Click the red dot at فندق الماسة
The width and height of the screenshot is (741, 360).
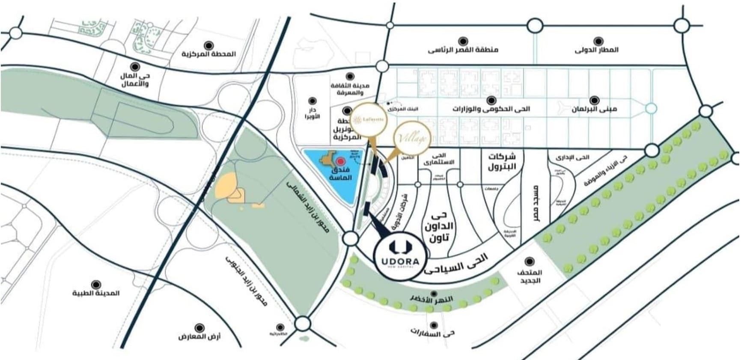pos(340,161)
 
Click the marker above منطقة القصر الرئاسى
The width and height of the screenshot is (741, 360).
pos(463,41)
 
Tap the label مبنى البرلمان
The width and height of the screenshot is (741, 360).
pos(594,109)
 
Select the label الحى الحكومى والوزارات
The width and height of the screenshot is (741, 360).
pos(491,109)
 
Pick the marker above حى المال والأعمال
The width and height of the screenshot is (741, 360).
pos(135,66)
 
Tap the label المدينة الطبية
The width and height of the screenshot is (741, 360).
pos(96,293)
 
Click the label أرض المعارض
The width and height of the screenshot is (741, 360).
pos(199,336)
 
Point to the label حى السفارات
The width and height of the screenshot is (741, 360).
pos(432,333)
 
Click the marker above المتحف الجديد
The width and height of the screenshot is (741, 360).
pos(530,262)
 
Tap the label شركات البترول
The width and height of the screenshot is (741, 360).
pos(502,161)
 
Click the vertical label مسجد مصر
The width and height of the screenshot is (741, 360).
pos(536,203)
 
